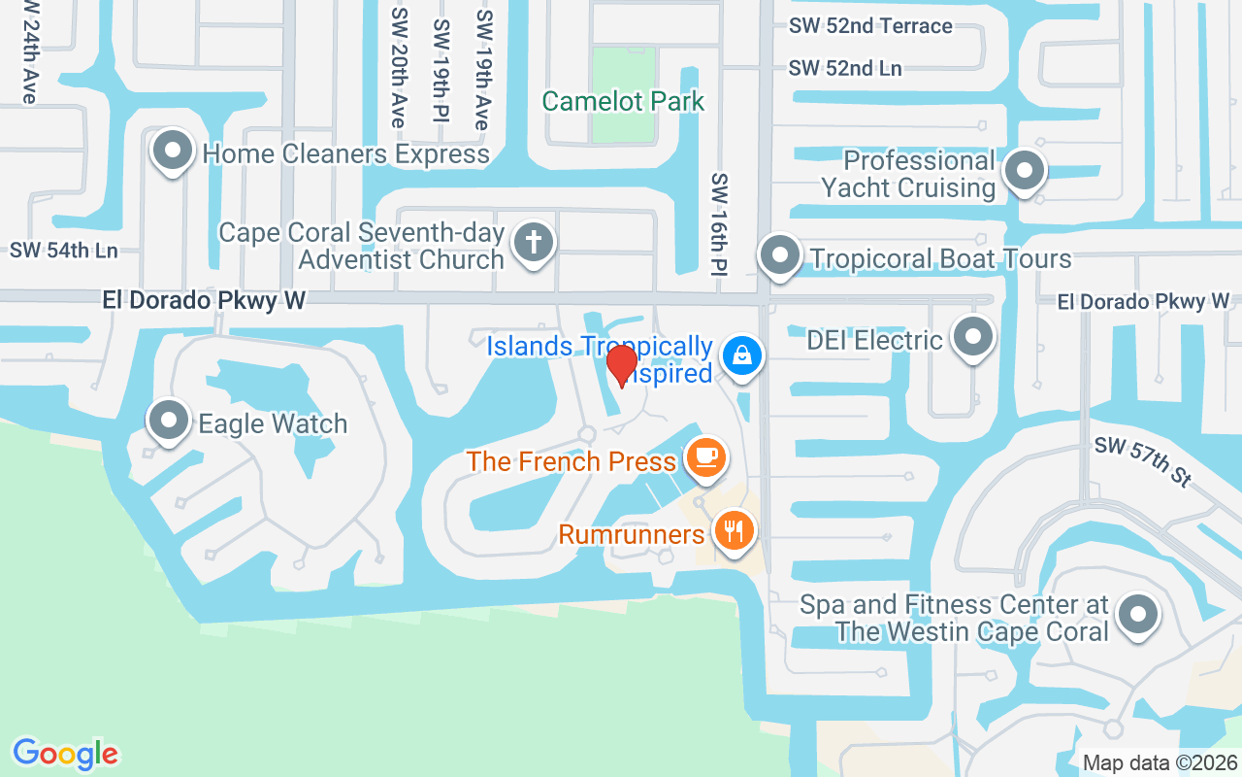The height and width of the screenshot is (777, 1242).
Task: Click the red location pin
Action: coord(622,365)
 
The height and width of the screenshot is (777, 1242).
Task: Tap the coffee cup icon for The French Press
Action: coord(704,457)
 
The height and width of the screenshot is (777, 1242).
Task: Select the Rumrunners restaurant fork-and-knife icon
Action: coord(735,531)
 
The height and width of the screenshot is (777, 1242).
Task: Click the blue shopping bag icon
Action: coord(741,355)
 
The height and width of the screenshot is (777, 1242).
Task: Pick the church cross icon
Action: coord(533,242)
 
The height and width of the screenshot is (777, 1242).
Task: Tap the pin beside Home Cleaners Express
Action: coord(172,152)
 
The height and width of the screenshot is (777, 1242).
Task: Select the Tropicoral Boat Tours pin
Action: coord(779,256)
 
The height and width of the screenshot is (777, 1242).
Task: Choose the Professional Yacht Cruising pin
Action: coord(1023,172)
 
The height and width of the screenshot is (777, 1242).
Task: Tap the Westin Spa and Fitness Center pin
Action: coord(1138,615)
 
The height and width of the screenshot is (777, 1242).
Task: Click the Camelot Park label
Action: coord(623,101)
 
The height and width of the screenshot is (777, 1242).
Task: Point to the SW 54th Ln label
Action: coord(64,251)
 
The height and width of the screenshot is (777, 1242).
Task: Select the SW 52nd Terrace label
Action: coord(870,26)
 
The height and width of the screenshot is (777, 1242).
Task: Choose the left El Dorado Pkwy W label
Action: coord(204,301)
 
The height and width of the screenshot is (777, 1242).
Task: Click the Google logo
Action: coord(65,754)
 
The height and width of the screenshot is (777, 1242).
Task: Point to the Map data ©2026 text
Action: coord(1160,763)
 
